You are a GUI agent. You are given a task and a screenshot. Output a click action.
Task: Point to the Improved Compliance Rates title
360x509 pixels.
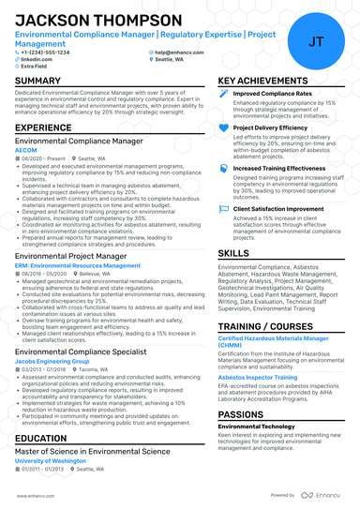(272, 95)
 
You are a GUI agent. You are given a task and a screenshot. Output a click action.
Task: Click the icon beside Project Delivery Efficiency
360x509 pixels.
(223, 127)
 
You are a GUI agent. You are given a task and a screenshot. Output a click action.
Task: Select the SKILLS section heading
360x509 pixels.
(233, 252)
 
